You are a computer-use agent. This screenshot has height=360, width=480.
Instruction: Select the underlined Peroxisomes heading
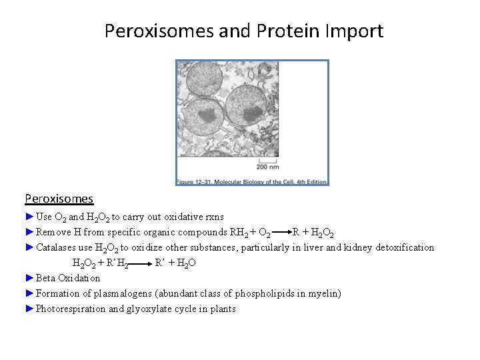coord(59,199)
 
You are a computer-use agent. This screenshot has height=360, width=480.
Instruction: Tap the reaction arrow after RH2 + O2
coord(281,233)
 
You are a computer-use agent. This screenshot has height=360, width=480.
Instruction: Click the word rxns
coord(213,217)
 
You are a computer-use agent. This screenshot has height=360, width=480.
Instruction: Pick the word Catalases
coord(57,248)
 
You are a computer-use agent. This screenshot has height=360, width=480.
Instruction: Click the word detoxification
coord(404,248)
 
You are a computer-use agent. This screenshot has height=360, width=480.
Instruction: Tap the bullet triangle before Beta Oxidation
coord(29,278)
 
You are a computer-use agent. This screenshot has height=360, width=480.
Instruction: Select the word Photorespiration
coord(70,309)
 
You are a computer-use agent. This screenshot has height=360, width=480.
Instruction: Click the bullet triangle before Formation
coord(29,293)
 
